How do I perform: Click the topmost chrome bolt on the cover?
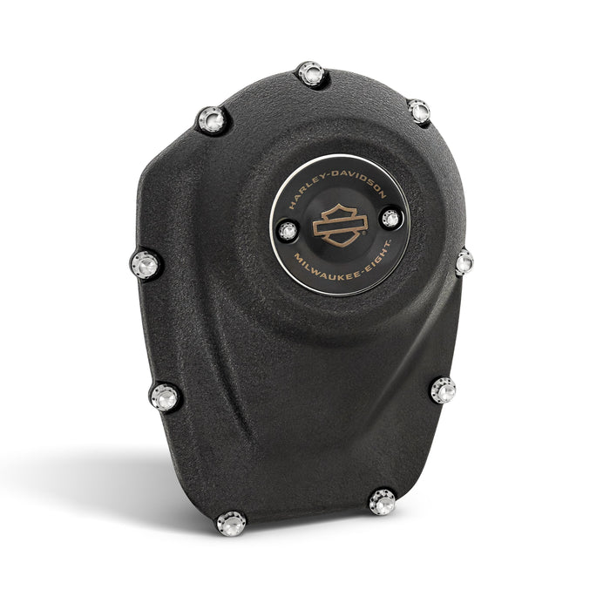click(311, 74)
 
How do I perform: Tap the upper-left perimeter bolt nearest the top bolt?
click(212, 119)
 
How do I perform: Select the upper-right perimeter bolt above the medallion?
click(419, 111)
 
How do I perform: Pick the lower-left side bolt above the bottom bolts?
click(165, 396)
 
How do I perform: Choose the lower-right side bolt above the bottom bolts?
click(443, 390)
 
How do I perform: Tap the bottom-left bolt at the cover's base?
click(231, 523)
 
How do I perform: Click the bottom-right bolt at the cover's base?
click(382, 502)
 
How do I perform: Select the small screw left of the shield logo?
click(288, 232)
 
